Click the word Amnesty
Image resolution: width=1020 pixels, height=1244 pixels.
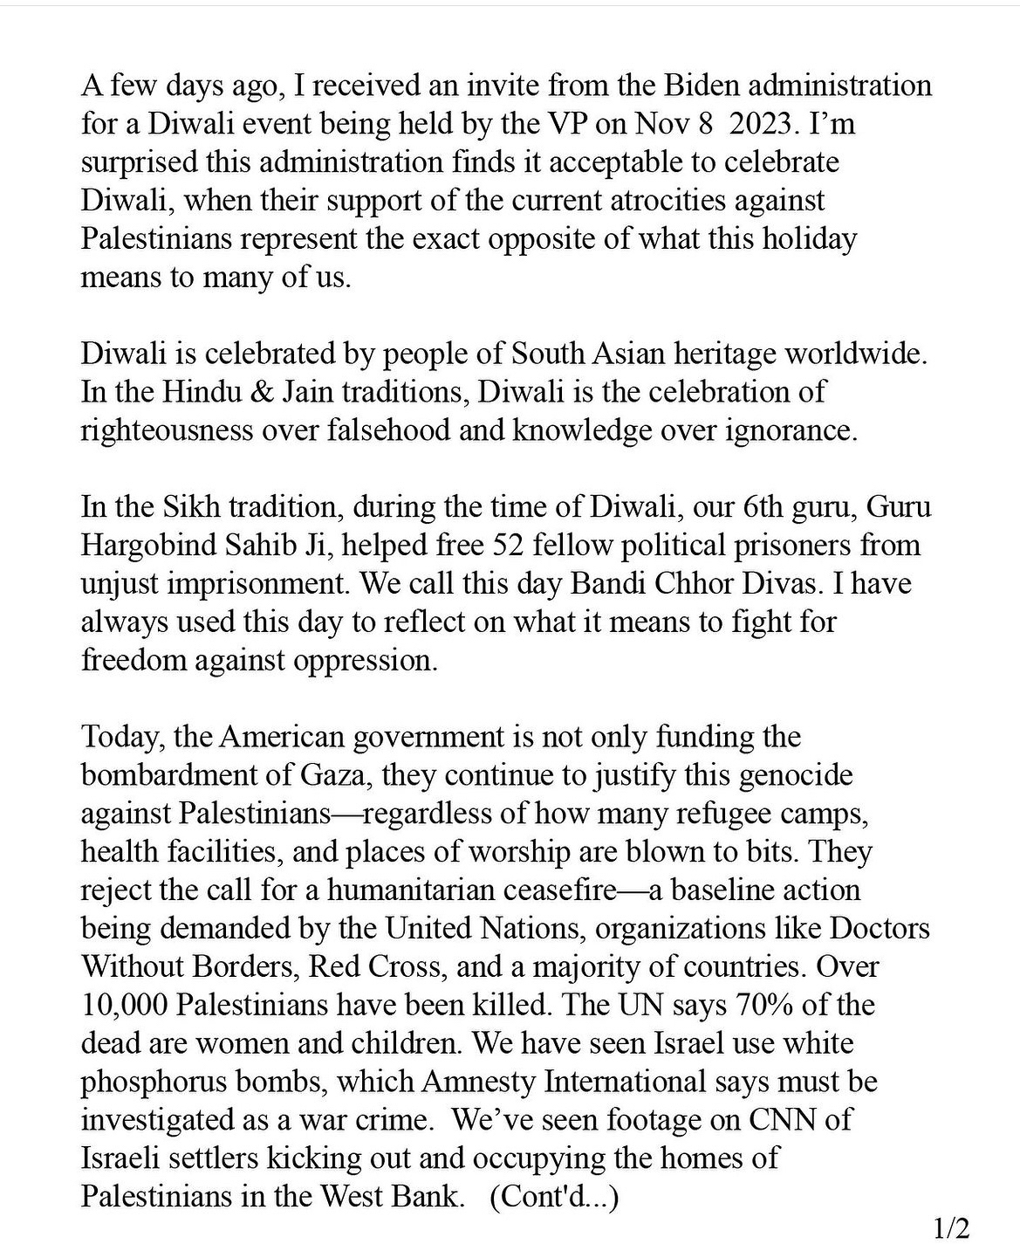click(478, 1082)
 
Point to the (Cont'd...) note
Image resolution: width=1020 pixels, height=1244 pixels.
click(554, 1196)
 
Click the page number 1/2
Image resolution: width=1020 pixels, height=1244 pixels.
click(951, 1228)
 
